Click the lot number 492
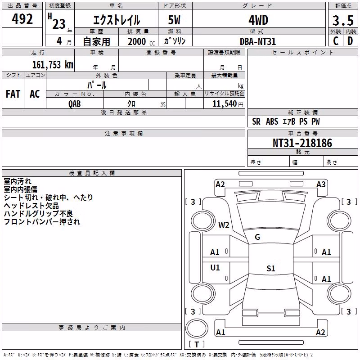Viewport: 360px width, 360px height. coord(22,19)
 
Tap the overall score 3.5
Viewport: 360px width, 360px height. coord(343,20)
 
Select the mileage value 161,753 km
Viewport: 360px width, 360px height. coord(53,65)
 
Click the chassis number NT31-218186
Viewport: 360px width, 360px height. coord(302,143)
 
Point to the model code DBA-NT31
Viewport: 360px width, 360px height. coord(257,41)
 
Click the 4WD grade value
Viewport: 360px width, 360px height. coord(258,20)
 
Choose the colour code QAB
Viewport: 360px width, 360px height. coord(75,104)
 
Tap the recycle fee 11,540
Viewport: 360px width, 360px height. coord(224,104)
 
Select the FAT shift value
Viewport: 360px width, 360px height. coord(13,94)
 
